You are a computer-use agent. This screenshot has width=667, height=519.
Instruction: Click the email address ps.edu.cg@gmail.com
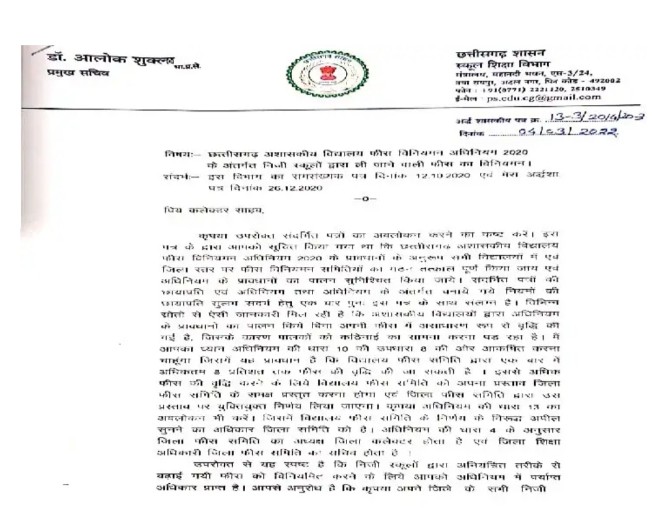point(542,96)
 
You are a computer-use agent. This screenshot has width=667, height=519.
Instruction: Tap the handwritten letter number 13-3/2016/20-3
point(589,119)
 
